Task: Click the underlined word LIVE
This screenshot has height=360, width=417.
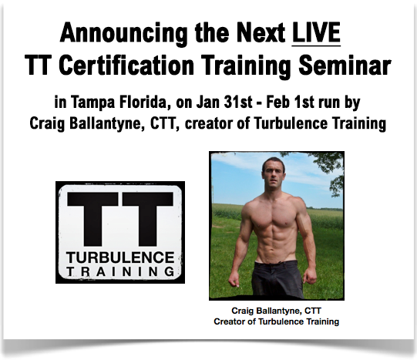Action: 316,32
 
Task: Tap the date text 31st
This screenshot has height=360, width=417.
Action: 238,103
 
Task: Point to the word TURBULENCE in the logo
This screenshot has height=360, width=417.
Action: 120,257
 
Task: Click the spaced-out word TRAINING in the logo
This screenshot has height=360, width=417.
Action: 120,271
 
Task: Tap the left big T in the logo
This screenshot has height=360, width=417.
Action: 92,219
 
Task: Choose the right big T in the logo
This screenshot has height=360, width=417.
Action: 148,219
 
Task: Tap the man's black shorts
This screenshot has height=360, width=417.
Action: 278,278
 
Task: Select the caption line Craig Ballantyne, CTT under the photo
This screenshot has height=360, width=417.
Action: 276,311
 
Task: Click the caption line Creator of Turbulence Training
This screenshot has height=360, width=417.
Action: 276,321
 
